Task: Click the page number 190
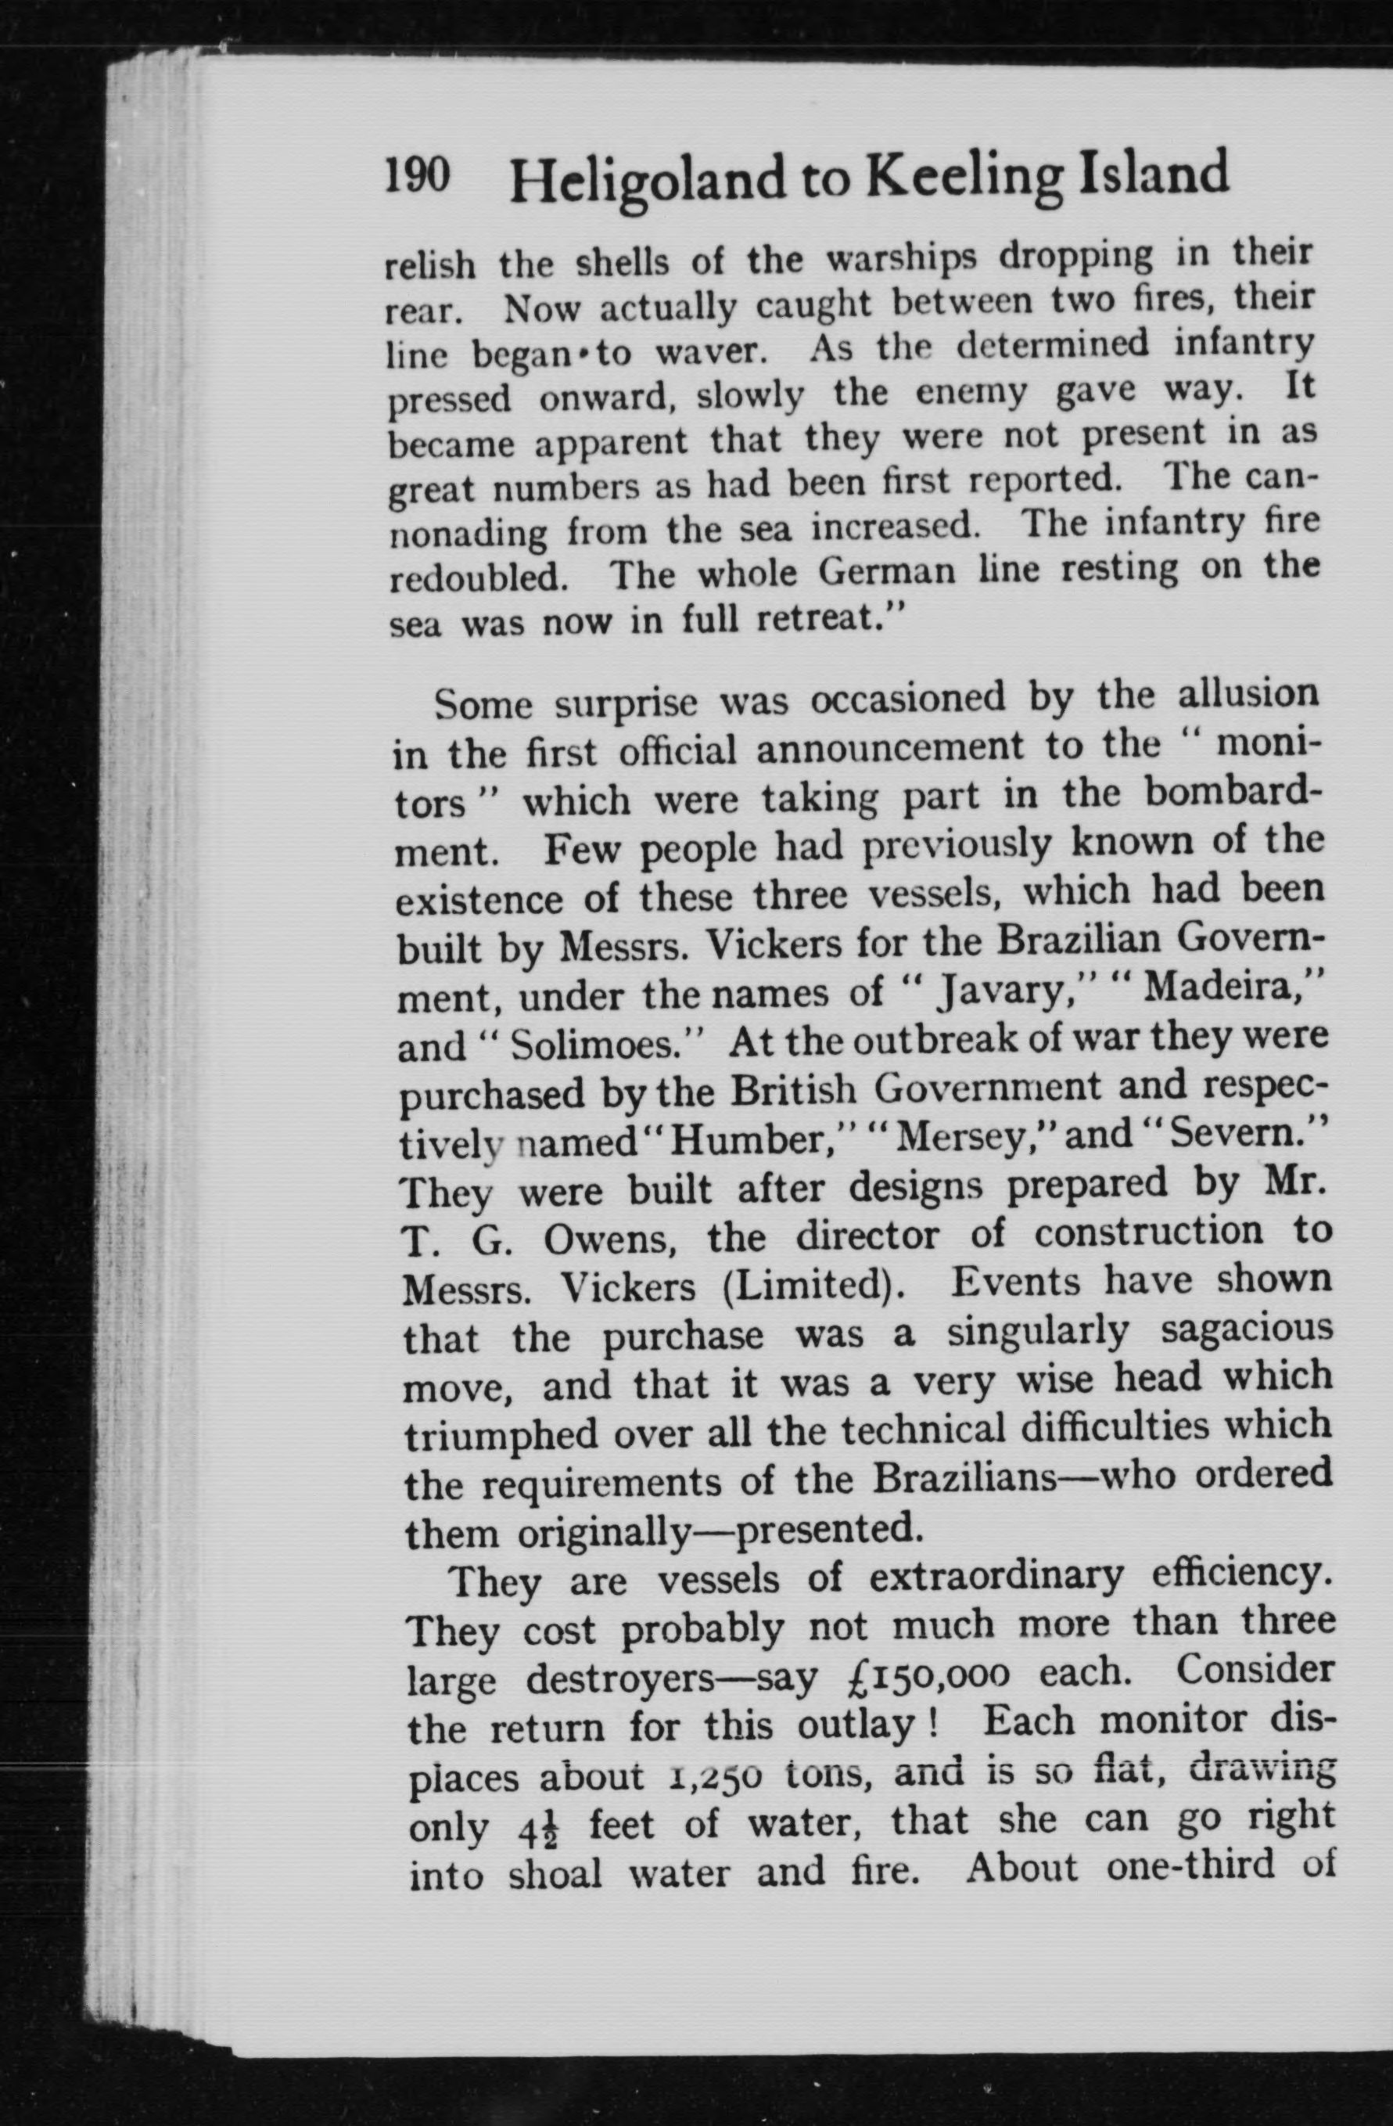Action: click(417, 176)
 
